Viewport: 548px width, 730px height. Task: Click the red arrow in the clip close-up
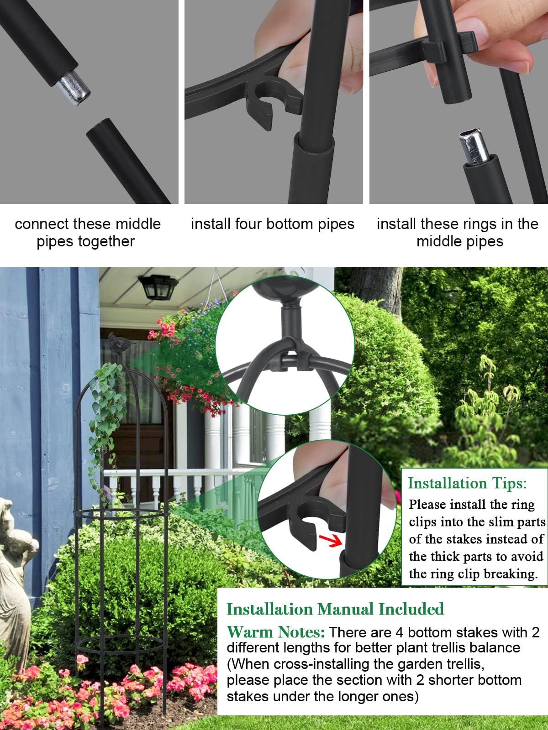point(330,541)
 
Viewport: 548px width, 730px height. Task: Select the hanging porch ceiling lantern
point(158,287)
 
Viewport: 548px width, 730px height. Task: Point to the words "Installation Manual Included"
point(335,609)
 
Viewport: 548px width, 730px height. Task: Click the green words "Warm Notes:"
point(276,632)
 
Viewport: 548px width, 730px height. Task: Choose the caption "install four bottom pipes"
point(273,224)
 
